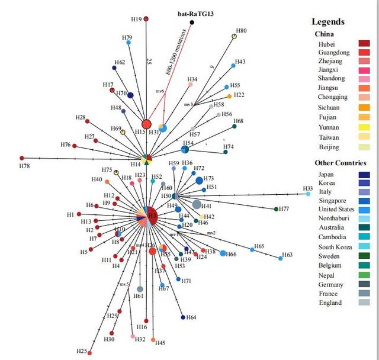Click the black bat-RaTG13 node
(x=192, y=22)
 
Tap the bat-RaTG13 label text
(x=196, y=13)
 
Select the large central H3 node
(x=152, y=216)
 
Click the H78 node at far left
(x=22, y=158)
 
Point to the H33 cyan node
(x=308, y=194)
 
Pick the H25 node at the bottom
(x=90, y=353)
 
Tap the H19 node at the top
(x=146, y=19)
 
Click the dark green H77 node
(x=276, y=208)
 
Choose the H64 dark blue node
(x=183, y=317)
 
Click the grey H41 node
(x=197, y=204)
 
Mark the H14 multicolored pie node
(x=147, y=160)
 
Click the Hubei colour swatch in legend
(x=364, y=44)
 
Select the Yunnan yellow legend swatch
(x=364, y=127)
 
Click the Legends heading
(x=328, y=22)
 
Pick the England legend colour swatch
(x=364, y=303)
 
